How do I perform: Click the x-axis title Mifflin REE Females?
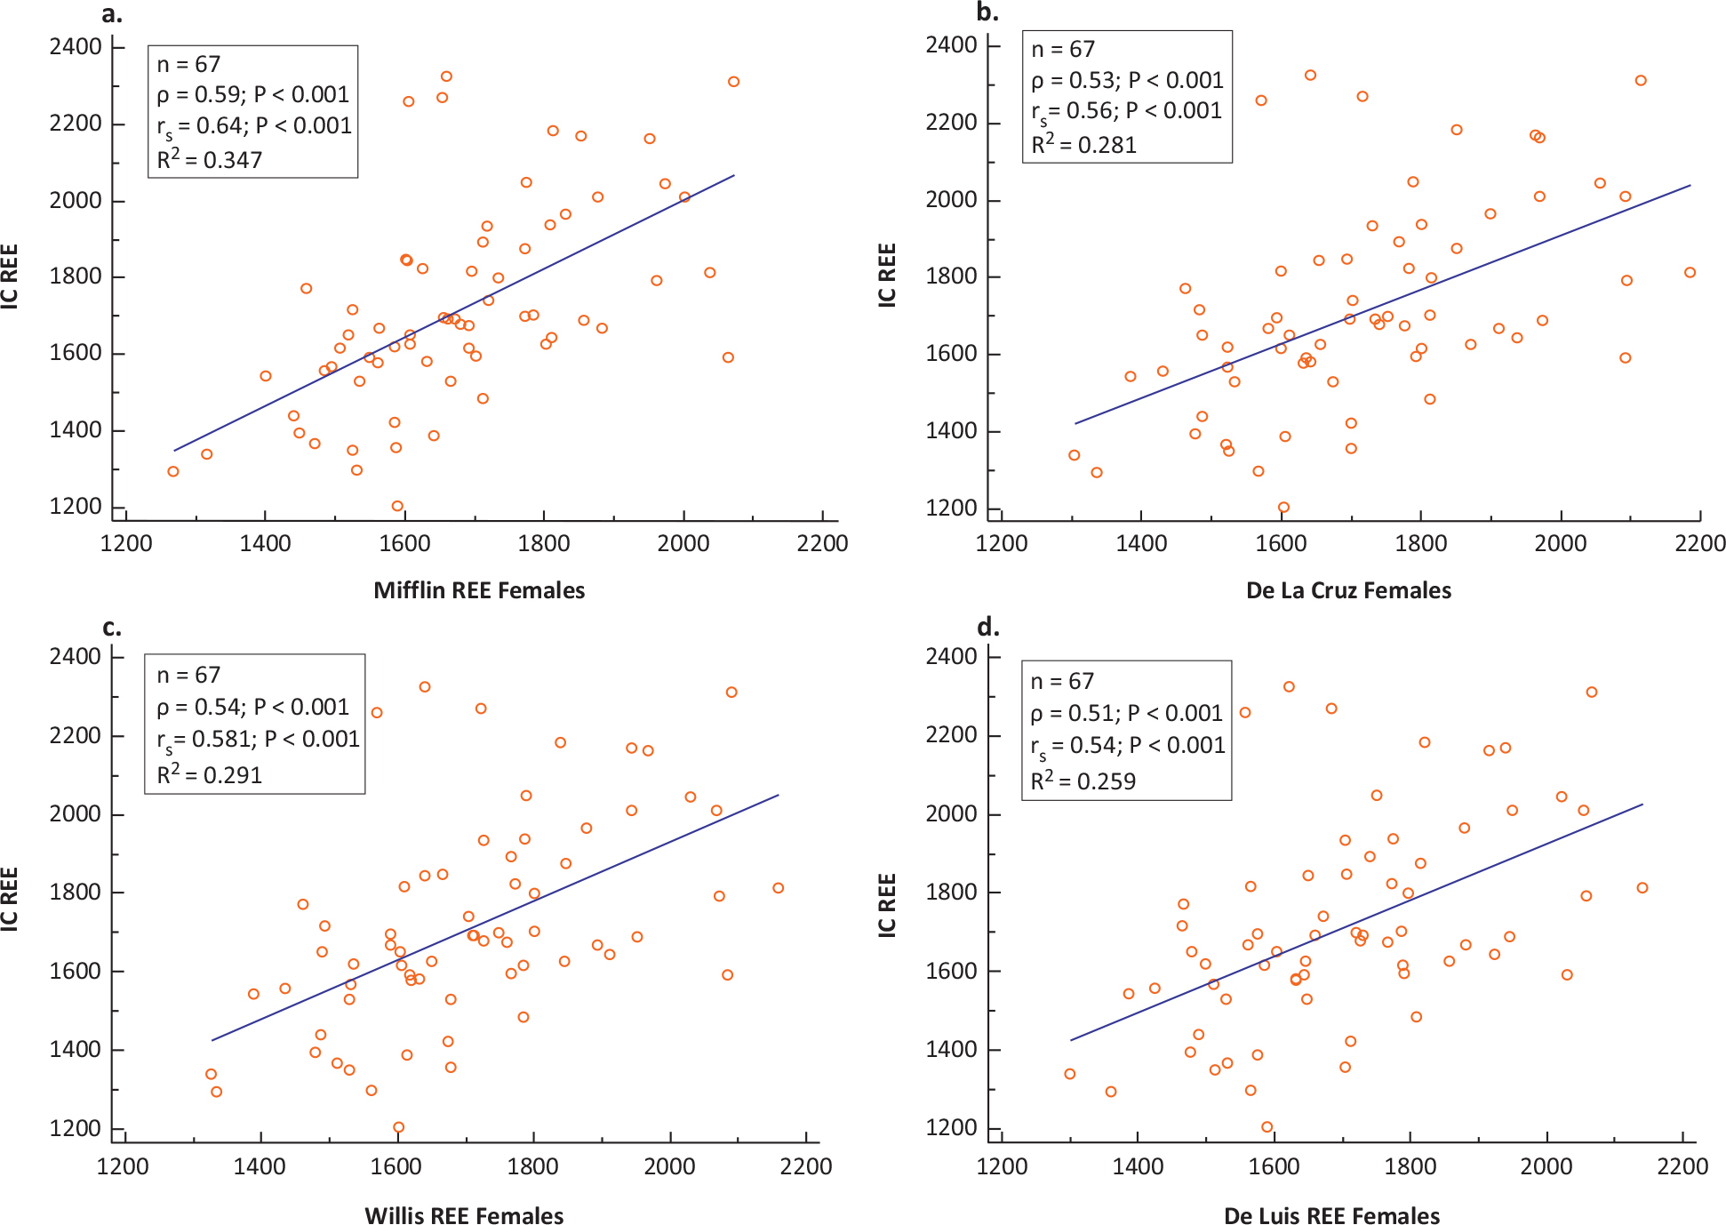(x=479, y=590)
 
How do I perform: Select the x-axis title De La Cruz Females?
(x=1348, y=590)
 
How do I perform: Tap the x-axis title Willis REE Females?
(x=464, y=1215)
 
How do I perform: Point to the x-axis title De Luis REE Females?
(x=1331, y=1215)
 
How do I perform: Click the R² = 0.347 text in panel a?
(x=210, y=159)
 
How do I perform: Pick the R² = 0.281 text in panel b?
(x=1083, y=144)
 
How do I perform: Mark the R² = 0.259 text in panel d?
(x=1083, y=781)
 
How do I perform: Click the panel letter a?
(x=111, y=13)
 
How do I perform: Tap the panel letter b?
(x=987, y=12)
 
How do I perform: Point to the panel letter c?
(x=111, y=628)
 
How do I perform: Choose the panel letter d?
(x=987, y=628)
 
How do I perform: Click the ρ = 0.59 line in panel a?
(x=253, y=94)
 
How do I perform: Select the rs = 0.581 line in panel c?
(x=258, y=740)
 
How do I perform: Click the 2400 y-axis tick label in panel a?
(x=76, y=46)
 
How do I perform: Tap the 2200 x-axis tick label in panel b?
(x=1699, y=543)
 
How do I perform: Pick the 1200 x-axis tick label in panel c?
(x=123, y=1166)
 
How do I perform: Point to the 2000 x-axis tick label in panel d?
(x=1546, y=1166)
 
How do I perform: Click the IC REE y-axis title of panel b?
(x=887, y=276)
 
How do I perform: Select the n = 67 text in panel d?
(x=1062, y=682)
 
